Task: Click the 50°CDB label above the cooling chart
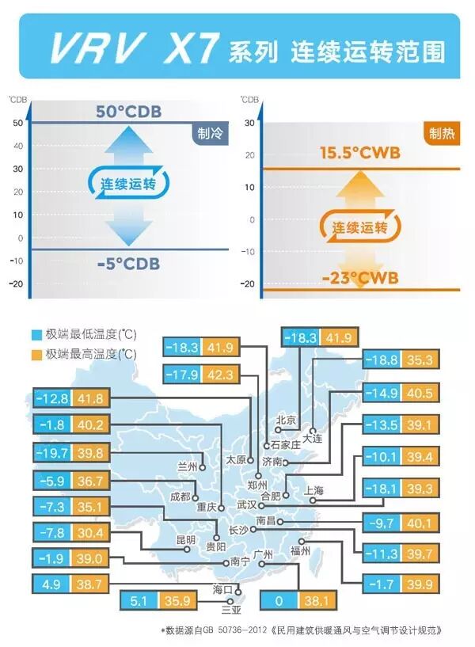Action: [x=128, y=111]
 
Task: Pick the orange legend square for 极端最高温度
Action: [x=36, y=353]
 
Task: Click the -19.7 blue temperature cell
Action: [x=52, y=452]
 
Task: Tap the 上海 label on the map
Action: [x=313, y=490]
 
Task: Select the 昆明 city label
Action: [x=186, y=539]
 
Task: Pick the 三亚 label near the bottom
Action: [x=230, y=610]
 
